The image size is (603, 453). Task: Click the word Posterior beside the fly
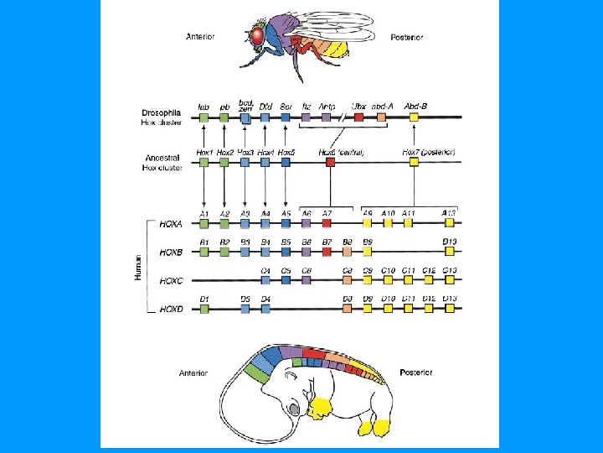pos(407,37)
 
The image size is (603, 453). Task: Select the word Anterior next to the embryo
pos(194,372)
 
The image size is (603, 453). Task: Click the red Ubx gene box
pos(358,119)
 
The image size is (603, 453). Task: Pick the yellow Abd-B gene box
pos(414,119)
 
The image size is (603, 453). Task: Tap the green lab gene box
pos(204,119)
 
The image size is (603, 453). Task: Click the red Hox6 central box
pos(331,163)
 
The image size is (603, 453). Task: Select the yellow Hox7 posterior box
pos(414,163)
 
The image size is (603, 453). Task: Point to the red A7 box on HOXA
pos(327,223)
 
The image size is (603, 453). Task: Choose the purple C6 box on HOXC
pos(307,280)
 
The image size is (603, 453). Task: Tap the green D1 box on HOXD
pos(204,309)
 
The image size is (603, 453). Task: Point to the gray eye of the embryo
pos(295,409)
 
